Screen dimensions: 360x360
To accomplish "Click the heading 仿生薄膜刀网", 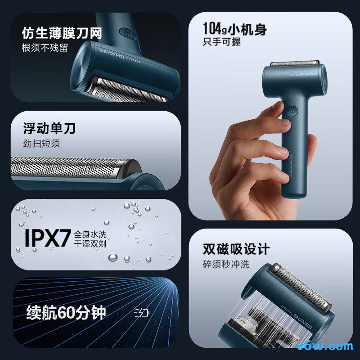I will click(x=62, y=33).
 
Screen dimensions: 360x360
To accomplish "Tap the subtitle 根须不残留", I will click(x=45, y=48).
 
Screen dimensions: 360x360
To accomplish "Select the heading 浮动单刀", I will click(x=49, y=129).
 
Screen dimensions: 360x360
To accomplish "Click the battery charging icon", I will click(x=142, y=313).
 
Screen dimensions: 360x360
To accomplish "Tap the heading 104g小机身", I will click(x=234, y=30).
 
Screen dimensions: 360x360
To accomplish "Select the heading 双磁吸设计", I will click(x=236, y=249).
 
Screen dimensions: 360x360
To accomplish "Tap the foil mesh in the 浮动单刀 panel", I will click(x=67, y=166).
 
